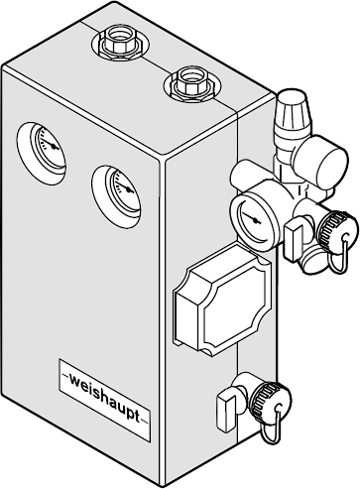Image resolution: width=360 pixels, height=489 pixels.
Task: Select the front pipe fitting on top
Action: (192, 83)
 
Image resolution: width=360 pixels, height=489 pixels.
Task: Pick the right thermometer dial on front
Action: (122, 189)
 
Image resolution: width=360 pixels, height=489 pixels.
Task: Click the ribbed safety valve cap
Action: (293, 112)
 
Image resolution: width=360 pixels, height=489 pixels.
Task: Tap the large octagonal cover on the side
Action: (222, 300)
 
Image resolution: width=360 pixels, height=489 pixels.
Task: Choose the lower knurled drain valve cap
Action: (271, 401)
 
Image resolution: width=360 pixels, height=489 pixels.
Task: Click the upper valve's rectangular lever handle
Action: (294, 239)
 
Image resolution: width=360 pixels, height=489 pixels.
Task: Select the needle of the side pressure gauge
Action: (251, 218)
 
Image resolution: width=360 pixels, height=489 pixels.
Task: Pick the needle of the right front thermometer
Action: (124, 186)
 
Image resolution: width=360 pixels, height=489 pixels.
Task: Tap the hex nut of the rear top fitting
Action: (118, 43)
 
